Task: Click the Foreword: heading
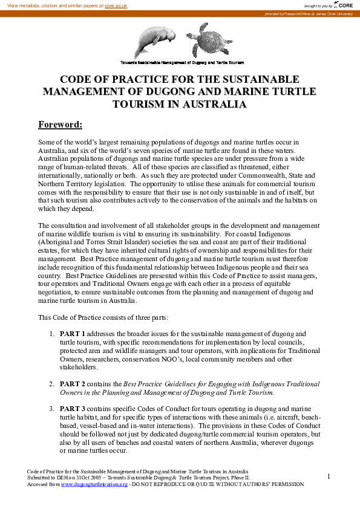(60, 125)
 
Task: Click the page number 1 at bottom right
(329, 477)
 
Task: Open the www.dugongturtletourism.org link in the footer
(94, 484)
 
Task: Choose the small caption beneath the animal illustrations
(182, 62)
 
